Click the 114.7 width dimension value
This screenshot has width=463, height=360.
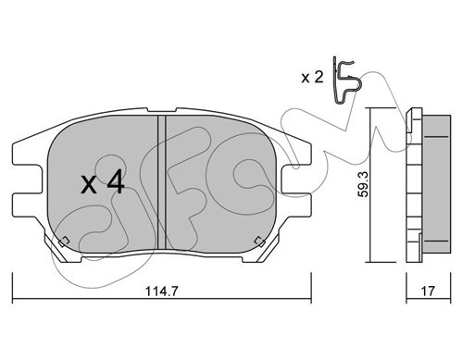point(162,291)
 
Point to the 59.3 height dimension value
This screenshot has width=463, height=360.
point(363,185)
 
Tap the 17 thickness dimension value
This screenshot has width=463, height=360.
point(428,291)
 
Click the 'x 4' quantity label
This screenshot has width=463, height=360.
point(103,183)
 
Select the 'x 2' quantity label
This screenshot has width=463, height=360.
point(312,77)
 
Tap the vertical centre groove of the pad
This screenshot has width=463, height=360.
point(162,182)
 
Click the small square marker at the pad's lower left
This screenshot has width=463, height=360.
point(64,241)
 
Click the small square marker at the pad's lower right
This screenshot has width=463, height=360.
point(259,241)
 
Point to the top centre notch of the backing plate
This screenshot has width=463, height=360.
point(162,110)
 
